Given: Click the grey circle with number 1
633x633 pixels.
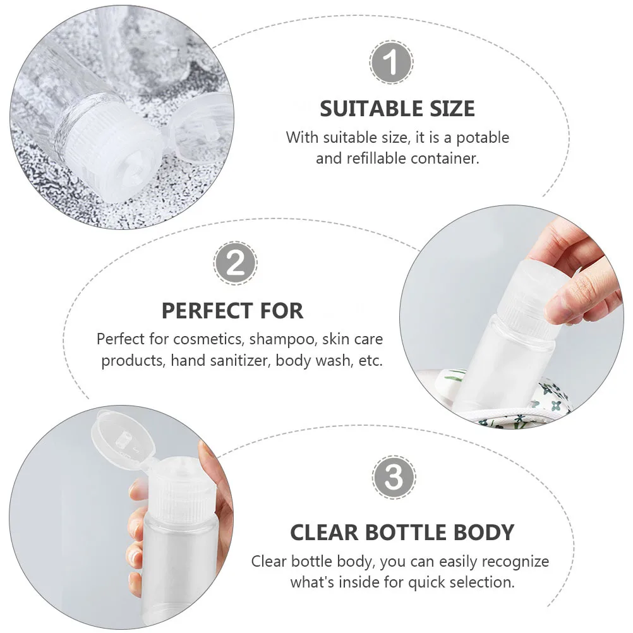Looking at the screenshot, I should tap(392, 62).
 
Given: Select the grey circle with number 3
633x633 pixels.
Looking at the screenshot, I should tap(394, 478).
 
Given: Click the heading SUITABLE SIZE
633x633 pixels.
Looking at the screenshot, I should tap(397, 109).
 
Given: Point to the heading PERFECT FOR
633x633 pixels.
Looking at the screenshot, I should tap(232, 311).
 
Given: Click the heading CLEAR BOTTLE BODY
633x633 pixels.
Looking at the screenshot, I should tap(402, 532).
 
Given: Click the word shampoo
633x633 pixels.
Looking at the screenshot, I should tap(282, 339).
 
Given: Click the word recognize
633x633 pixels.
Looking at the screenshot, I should tap(514, 561).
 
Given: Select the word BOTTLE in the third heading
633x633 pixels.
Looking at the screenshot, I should tap(402, 532).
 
